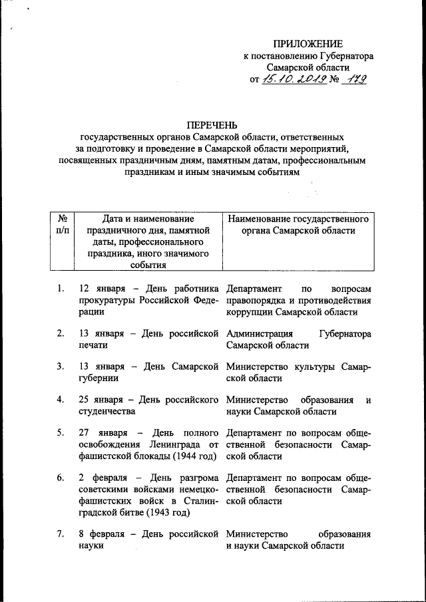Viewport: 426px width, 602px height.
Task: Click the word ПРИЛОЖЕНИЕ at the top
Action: pos(308,44)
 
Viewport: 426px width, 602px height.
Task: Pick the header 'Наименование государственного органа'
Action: pos(298,224)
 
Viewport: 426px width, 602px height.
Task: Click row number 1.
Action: pos(60,289)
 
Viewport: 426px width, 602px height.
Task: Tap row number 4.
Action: pos(60,400)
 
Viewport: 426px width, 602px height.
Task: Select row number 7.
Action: pos(60,534)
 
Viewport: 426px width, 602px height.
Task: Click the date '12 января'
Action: pos(99,289)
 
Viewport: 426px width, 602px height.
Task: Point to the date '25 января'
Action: pos(99,400)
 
